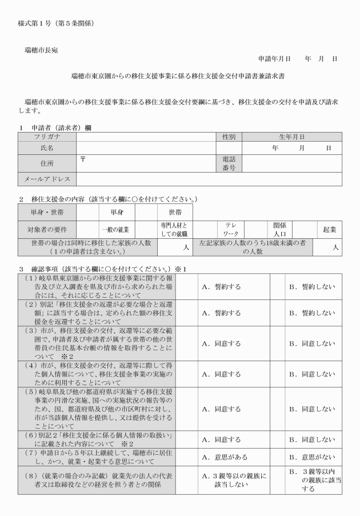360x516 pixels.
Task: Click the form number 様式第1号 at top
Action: point(37,23)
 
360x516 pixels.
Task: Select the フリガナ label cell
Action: point(47,137)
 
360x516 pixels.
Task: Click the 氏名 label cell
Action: point(47,148)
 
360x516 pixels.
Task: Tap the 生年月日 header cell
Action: point(291,137)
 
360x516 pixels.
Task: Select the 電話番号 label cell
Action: point(229,164)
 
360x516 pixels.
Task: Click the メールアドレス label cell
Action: point(47,179)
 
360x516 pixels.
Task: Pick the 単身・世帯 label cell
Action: point(47,212)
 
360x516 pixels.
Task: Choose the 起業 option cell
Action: point(329,229)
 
